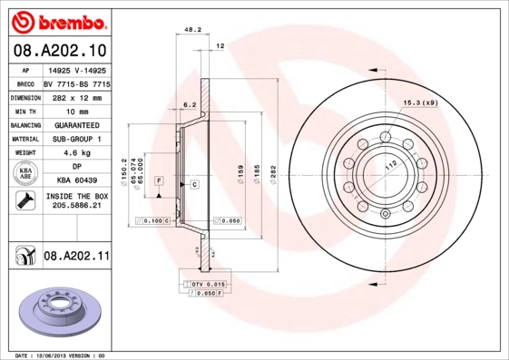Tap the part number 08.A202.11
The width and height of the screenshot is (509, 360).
[x=76, y=258]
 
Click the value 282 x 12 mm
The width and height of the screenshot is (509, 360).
[x=75, y=96]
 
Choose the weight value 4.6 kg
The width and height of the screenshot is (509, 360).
[x=75, y=154]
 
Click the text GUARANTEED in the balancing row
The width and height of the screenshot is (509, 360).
[x=75, y=125]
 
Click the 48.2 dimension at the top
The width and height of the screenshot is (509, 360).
[x=192, y=30]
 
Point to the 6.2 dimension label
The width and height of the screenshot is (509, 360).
[x=190, y=105]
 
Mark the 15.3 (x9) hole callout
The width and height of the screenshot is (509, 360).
[x=420, y=103]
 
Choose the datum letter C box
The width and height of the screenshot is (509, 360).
[x=194, y=184]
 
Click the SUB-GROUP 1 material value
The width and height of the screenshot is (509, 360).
[x=75, y=140]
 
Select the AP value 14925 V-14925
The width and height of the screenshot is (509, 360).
[x=75, y=68]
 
